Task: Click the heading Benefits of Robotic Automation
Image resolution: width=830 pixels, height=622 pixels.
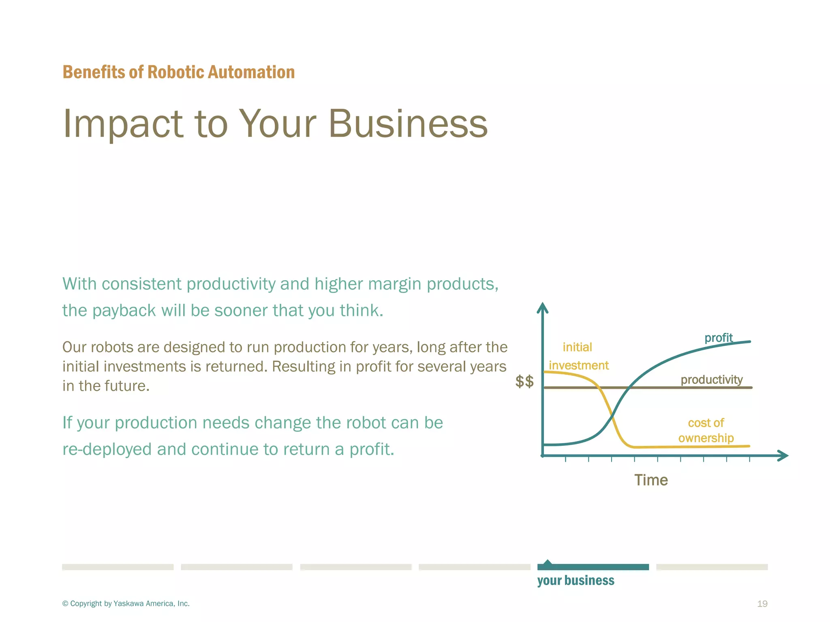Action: [x=178, y=72]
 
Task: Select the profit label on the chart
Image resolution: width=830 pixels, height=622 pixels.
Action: [x=718, y=338]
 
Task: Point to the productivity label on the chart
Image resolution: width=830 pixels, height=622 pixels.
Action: [x=711, y=380]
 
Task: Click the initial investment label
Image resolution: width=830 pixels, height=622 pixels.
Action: [x=578, y=356]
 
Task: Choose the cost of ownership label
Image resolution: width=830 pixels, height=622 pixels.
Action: [x=706, y=430]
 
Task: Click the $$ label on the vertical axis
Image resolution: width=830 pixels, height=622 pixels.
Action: [x=524, y=381]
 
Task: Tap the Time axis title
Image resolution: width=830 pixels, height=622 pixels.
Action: [x=651, y=480]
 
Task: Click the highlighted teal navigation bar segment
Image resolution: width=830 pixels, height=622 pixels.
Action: [x=593, y=567]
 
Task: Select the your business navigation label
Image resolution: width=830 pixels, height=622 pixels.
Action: [x=575, y=581]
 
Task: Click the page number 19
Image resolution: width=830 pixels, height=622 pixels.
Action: [x=762, y=604]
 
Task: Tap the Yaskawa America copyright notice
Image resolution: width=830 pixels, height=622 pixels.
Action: [x=126, y=604]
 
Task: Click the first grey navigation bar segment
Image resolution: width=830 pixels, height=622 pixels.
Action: [x=118, y=567]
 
